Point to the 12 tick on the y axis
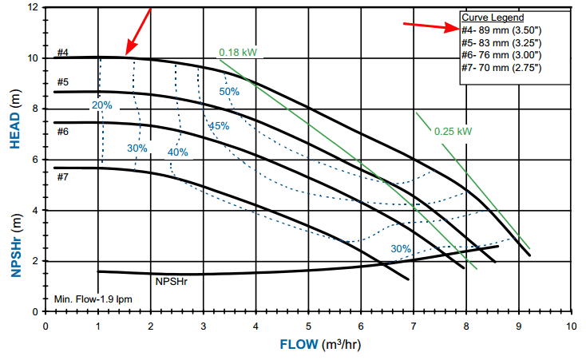(x=33, y=7)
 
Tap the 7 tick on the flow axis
(x=414, y=326)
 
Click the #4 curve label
(x=62, y=53)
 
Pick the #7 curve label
(x=62, y=176)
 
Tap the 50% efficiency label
(x=229, y=92)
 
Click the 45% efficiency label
(x=218, y=126)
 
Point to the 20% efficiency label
(x=101, y=105)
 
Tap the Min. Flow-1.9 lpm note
(x=93, y=299)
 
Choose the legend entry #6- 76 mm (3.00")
(x=501, y=54)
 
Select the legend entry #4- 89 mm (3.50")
(x=501, y=30)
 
